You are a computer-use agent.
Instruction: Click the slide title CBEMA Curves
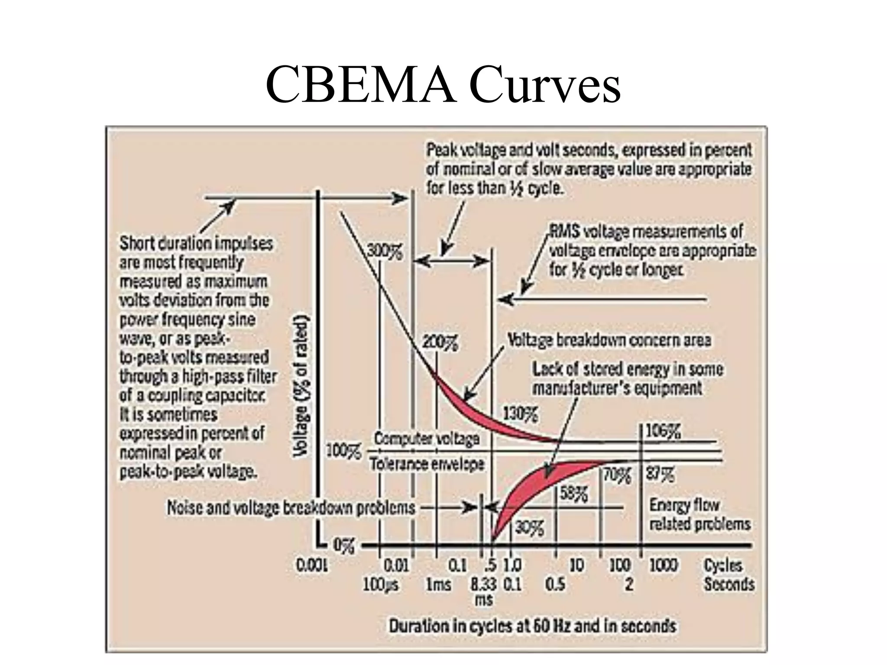(x=443, y=84)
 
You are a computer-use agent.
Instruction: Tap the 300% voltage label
(x=385, y=252)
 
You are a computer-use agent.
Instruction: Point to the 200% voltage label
(x=440, y=343)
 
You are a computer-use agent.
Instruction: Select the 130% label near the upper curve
(x=520, y=414)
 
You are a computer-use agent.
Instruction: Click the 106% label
(x=663, y=431)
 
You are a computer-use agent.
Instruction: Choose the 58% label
(x=574, y=494)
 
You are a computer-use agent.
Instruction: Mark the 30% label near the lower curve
(x=529, y=527)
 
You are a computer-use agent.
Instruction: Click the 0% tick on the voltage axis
(x=343, y=546)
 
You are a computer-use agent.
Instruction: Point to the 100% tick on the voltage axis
(x=343, y=452)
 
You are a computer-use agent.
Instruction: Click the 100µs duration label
(x=381, y=585)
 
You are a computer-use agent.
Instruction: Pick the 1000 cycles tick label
(x=664, y=565)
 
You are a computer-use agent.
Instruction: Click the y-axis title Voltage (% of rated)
(x=301, y=386)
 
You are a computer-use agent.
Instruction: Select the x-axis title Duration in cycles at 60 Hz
(x=533, y=626)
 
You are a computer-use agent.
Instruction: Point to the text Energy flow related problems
(x=699, y=514)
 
